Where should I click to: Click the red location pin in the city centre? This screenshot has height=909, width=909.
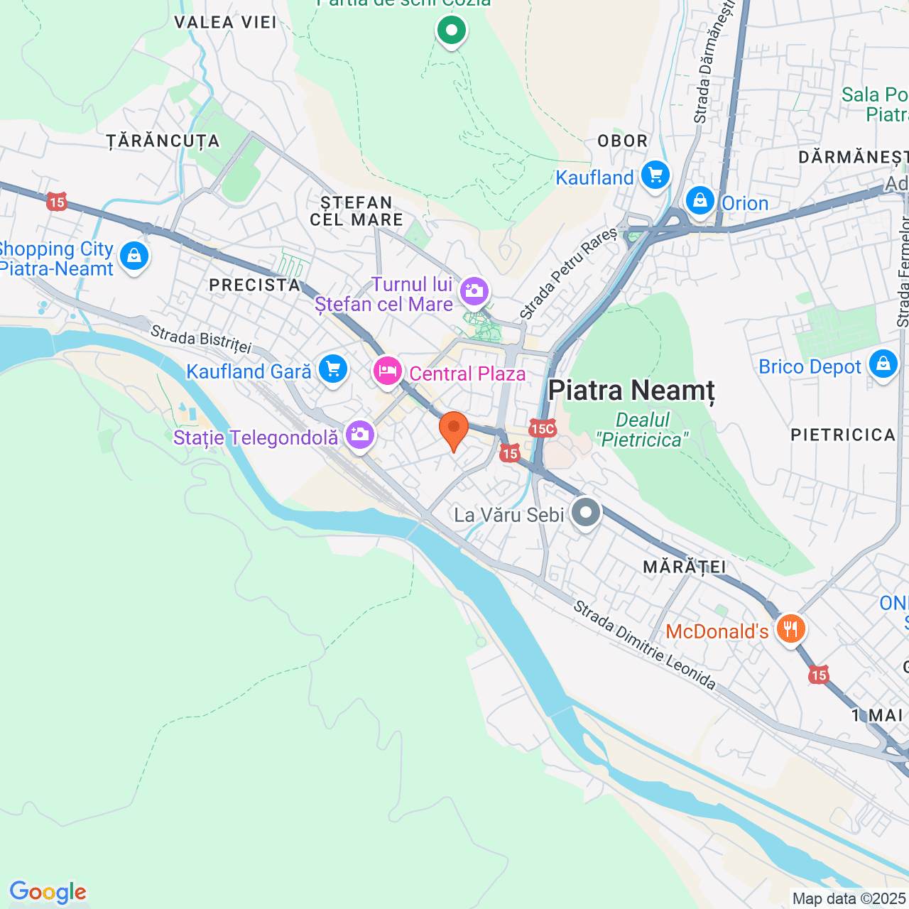[453, 430]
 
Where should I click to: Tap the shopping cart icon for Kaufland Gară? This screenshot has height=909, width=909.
[332, 369]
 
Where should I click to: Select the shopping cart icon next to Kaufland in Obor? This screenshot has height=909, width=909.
[655, 175]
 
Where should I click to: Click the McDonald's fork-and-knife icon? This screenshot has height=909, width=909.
[790, 629]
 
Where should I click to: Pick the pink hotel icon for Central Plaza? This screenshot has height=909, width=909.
[388, 371]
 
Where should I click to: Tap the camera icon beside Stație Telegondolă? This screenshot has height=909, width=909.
[359, 435]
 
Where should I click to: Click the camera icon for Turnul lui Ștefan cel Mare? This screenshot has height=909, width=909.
[474, 290]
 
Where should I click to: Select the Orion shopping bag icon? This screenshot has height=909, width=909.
[700, 201]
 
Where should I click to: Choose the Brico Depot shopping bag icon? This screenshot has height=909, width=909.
[883, 364]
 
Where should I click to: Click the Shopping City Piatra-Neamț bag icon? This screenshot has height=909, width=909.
[134, 255]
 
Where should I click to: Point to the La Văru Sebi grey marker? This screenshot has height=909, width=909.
[585, 513]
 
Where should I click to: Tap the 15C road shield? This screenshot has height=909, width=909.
[542, 428]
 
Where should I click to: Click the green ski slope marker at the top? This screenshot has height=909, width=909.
[451, 31]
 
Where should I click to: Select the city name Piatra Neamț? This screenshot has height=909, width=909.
[631, 391]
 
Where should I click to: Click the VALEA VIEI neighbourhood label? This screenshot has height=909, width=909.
[225, 22]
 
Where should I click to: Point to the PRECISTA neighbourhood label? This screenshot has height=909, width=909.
[254, 285]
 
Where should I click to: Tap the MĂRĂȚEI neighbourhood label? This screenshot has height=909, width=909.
[684, 567]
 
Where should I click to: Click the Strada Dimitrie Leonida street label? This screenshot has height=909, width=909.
[645, 645]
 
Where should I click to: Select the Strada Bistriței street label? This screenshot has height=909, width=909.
[201, 339]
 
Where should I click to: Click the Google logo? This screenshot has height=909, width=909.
[48, 892]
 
